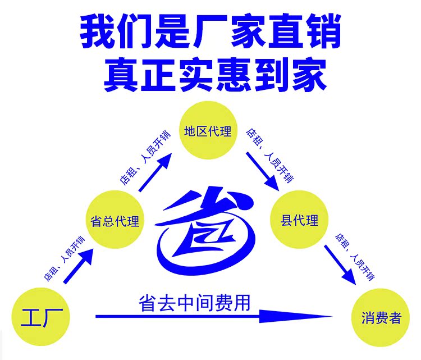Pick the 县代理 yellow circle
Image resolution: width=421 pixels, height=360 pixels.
click(x=299, y=220)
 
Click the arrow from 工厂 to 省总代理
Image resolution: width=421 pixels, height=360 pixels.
click(x=78, y=267)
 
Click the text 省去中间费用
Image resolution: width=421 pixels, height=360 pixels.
click(x=194, y=302)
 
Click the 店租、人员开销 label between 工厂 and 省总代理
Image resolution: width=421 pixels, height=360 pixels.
click(x=64, y=259)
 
